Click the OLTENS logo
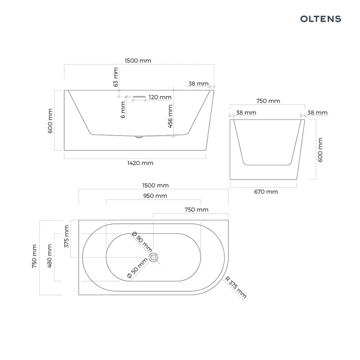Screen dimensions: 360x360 pos(321,19)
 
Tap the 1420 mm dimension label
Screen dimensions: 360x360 pos(140,163)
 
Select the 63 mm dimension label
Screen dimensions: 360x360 pos(116,77)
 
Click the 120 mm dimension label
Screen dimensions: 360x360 pos(160,97)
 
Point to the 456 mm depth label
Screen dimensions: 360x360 pos(170,116)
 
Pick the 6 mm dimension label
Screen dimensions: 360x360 pos(123,110)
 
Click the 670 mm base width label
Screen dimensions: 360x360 pos(266,192)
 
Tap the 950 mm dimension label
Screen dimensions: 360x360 pos(155,196)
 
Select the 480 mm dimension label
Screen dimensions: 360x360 pos(49,256)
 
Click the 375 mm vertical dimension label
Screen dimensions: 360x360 pos(66,236)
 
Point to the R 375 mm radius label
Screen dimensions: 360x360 pos(236,287)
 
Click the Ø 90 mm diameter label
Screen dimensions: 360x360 pos(142,242)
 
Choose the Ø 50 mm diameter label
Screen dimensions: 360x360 pos(137,268)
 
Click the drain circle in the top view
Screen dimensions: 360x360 pos(154,258)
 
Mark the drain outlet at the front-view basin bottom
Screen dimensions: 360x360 pos(139,137)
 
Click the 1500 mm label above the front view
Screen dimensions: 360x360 pos(138,60)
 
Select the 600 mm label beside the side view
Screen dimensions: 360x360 pos(320,150)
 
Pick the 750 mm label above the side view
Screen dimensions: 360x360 pos(268,101)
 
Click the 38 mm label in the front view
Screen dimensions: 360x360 pos(199,84)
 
